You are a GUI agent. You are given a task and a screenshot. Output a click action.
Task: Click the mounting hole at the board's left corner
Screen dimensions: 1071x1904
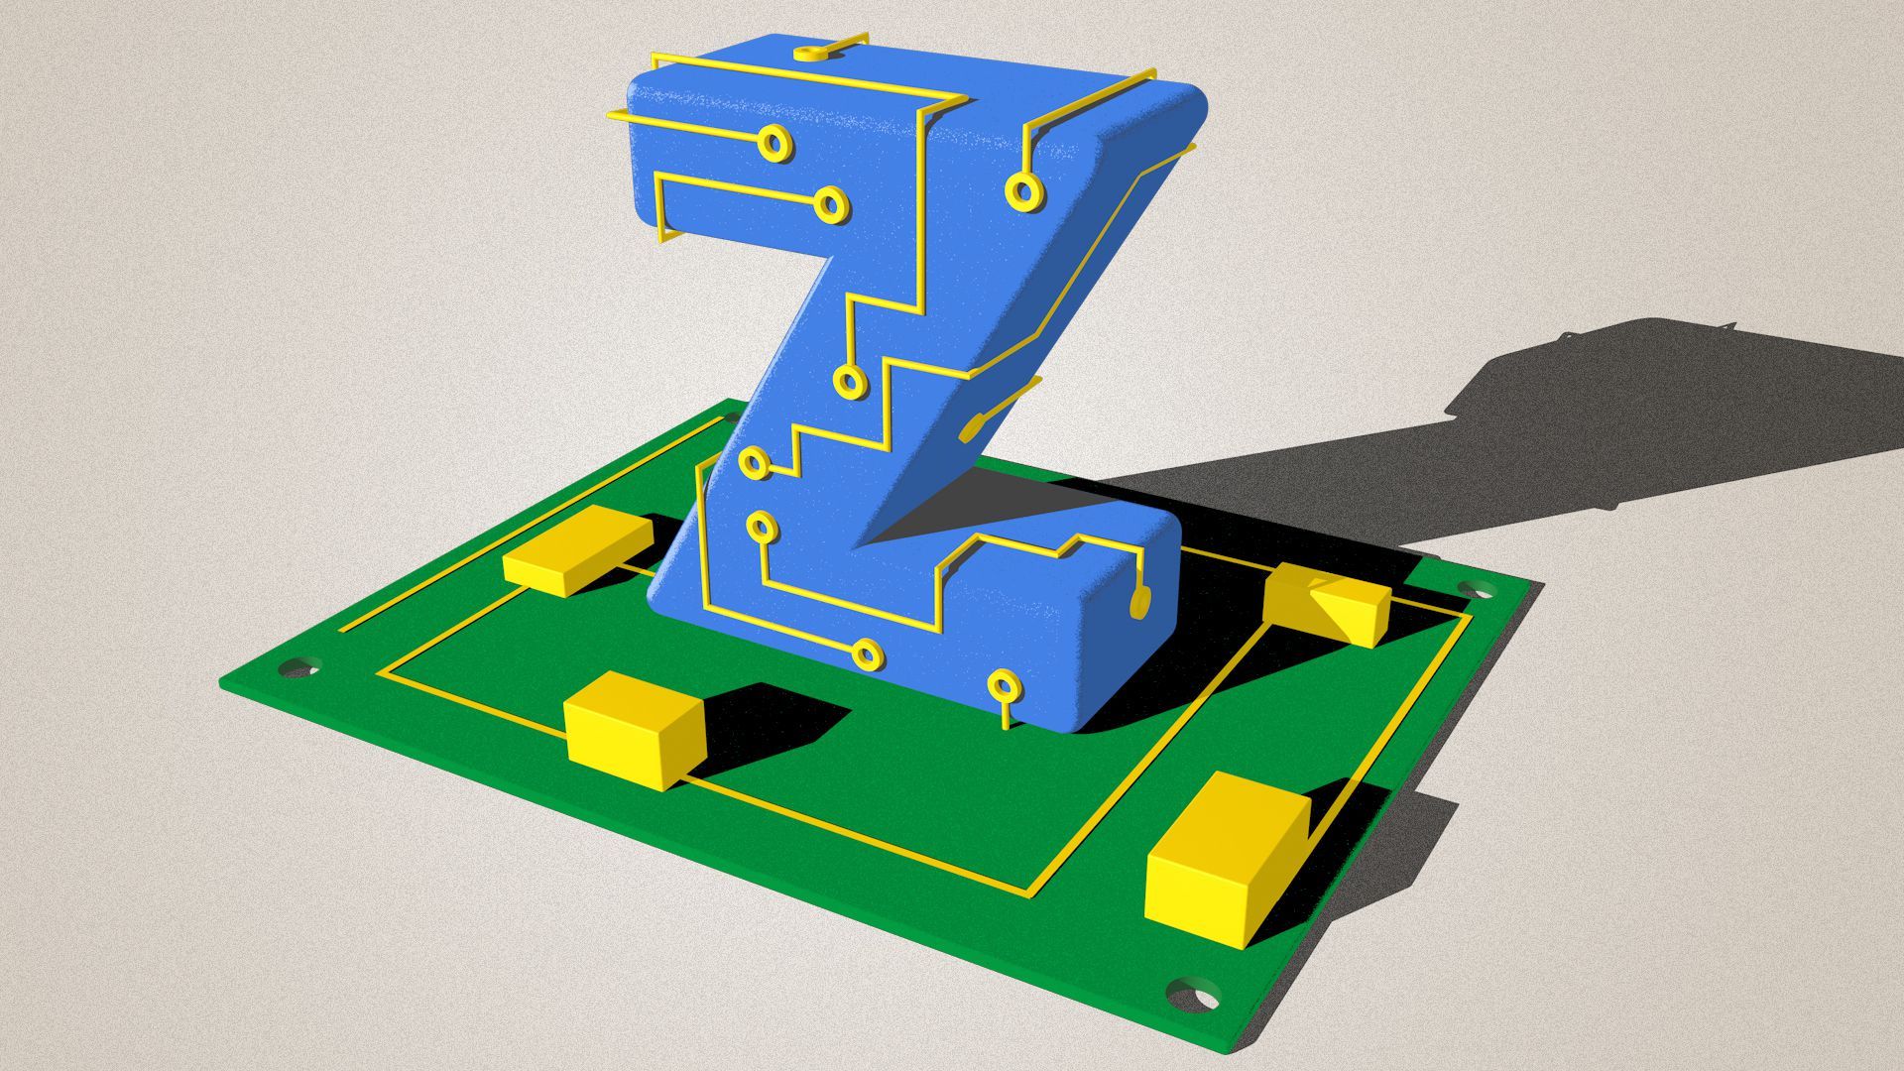(298, 666)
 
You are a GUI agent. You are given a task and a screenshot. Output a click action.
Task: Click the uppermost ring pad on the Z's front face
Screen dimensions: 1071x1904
(774, 143)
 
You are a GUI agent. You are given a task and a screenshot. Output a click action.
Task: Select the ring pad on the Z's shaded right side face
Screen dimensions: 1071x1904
(1022, 190)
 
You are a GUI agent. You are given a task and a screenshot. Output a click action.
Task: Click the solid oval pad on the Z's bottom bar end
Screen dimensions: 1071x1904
(1139, 601)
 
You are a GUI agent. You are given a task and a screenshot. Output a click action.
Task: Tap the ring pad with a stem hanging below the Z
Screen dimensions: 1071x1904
(1005, 685)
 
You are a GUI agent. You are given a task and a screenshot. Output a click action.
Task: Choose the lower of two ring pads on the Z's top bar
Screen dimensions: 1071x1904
(830, 204)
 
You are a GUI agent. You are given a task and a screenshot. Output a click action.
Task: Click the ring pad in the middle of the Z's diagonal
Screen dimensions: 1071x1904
(849, 381)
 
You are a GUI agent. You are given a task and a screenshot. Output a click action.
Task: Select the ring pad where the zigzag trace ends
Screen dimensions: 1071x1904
(755, 462)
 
